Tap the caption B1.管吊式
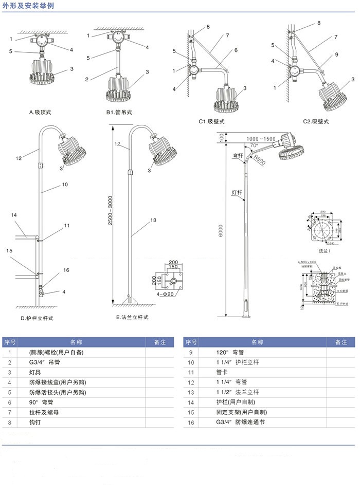[x=119, y=112]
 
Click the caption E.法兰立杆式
[x=132, y=318]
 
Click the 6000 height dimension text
[x=220, y=232]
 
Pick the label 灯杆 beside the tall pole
[x=236, y=193]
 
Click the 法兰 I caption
[x=324, y=251]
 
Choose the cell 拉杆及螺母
[x=43, y=412]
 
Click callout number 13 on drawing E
[x=153, y=219]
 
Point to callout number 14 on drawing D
[x=14, y=215]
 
